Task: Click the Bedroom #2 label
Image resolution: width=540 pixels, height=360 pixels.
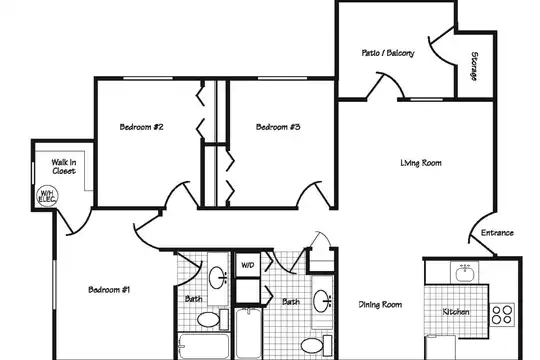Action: coord(141,127)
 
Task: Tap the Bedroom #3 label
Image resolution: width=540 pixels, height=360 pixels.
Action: coord(278,127)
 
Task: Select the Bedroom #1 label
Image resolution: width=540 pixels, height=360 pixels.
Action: coord(109,289)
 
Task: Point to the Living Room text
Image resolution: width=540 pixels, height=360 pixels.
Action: coord(421,163)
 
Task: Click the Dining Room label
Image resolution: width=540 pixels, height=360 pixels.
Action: coord(380,305)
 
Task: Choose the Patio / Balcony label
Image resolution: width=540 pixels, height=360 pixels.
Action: coord(388,53)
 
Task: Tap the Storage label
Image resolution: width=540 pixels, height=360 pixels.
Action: coord(474,66)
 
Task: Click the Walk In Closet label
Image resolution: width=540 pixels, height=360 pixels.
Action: coord(64,166)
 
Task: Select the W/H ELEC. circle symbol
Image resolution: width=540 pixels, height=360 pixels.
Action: coord(47,196)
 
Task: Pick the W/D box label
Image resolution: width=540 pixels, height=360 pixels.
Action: coord(248,265)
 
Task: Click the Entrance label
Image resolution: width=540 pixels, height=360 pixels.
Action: coord(497,233)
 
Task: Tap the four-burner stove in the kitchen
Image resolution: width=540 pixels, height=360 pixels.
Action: coord(502,315)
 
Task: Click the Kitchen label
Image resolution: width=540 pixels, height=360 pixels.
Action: coord(456,312)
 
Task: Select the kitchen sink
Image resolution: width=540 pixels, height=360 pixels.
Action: coord(465,273)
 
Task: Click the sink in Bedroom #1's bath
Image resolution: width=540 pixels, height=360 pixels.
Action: coord(217,278)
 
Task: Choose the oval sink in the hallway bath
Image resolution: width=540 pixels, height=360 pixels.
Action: coord(322,301)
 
